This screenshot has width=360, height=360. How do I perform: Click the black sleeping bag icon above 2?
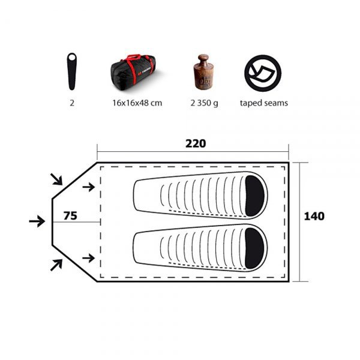[x=71, y=71]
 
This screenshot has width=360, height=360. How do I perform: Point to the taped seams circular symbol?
[x=263, y=73]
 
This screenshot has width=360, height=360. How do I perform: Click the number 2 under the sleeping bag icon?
[x=71, y=103]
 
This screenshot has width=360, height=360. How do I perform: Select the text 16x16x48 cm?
[x=137, y=103]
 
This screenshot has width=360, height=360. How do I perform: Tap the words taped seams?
[x=264, y=103]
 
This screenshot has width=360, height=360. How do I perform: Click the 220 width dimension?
[x=196, y=144]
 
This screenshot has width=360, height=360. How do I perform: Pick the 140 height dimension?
[x=314, y=216]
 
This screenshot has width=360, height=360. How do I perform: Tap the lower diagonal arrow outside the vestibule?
[x=56, y=264]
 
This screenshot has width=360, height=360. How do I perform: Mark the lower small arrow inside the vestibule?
[x=88, y=258]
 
